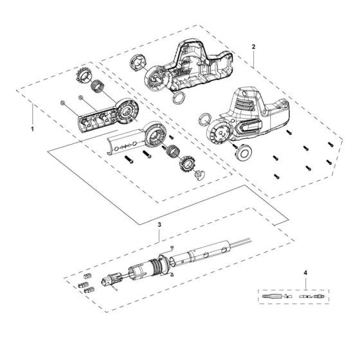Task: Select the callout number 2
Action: pos(255,47)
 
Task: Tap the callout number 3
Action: pos(159,226)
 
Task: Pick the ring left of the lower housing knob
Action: pos(204,118)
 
